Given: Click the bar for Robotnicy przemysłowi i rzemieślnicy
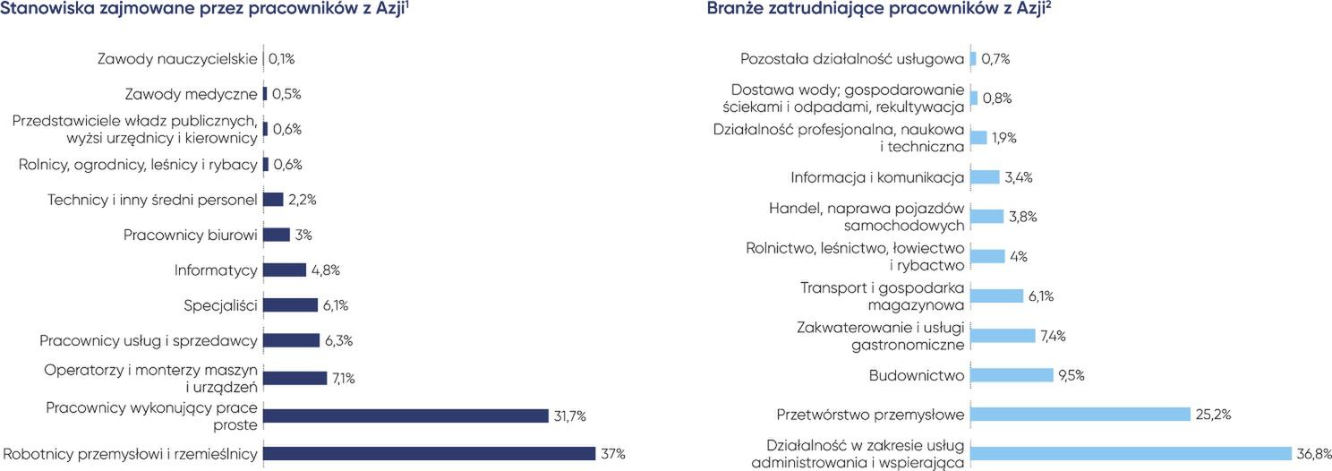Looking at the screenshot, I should (429, 453).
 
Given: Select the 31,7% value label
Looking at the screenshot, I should (570, 415).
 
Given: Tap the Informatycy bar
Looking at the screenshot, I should (285, 270).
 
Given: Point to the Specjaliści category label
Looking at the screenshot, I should (220, 305).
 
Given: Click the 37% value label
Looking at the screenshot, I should (613, 453).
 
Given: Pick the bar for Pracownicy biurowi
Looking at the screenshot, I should (277, 235).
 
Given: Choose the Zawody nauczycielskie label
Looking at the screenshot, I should (177, 59).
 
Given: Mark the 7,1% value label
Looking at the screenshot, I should (344, 378).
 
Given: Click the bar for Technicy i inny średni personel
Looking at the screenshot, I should (273, 200).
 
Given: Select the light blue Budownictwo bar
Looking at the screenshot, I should (1012, 374).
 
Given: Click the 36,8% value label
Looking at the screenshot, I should (1312, 453).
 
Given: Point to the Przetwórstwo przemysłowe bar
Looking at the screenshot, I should (1080, 414).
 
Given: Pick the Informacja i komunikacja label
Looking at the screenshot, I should (877, 177).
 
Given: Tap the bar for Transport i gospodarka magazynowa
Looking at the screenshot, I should (996, 295).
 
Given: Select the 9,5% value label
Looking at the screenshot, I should (1072, 374).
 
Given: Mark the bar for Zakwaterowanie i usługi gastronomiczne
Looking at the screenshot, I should (1002, 335).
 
